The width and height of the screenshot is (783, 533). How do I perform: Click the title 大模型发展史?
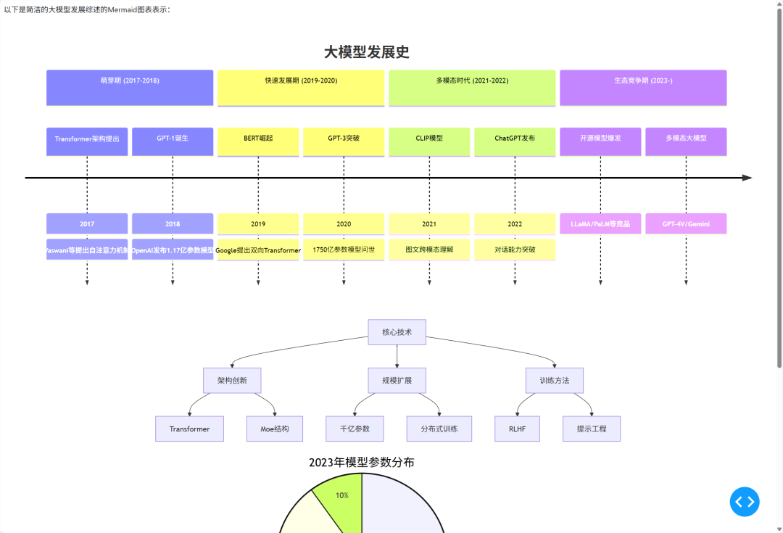(x=367, y=52)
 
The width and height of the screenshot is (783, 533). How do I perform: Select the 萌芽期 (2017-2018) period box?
(x=130, y=88)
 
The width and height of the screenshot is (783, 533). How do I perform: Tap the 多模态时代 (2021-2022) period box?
(x=472, y=88)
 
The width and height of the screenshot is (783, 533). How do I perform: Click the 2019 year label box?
(x=258, y=224)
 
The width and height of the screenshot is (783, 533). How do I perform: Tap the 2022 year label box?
(x=515, y=224)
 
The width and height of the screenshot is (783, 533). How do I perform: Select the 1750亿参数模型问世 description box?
(x=344, y=249)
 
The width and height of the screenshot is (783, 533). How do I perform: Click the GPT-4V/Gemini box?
(x=686, y=224)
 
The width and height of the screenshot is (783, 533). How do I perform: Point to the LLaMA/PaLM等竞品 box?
(x=600, y=224)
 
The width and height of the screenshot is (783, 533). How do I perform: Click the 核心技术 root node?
(x=397, y=332)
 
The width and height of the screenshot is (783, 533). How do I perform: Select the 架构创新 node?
(x=231, y=380)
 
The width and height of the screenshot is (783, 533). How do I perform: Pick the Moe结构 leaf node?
(x=275, y=429)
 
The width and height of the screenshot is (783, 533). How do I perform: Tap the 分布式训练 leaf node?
(x=439, y=429)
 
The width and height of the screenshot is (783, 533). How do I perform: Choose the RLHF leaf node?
(x=517, y=429)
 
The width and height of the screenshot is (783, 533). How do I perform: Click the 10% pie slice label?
(x=342, y=495)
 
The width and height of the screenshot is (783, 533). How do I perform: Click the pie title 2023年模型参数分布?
(x=362, y=463)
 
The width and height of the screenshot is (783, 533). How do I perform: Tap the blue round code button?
(x=745, y=501)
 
